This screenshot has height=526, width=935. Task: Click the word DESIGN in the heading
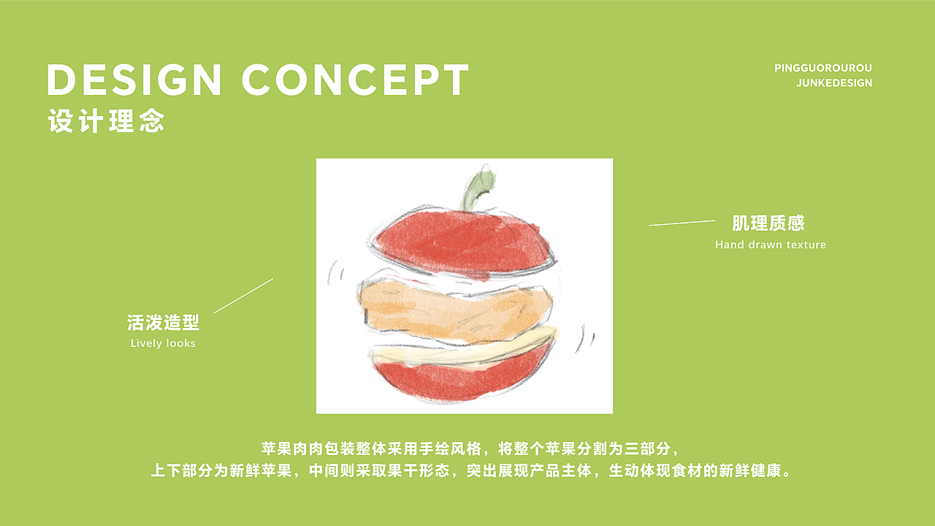(135, 80)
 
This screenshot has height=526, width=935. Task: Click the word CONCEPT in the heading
(355, 80)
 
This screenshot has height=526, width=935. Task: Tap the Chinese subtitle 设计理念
(106, 121)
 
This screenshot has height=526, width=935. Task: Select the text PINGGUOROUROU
(823, 69)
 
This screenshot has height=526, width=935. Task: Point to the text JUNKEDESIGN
(833, 83)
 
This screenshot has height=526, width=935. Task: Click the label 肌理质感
(768, 223)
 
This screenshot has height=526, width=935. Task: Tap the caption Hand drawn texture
(770, 245)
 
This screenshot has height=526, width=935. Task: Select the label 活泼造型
(163, 323)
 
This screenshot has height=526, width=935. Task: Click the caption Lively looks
(163, 343)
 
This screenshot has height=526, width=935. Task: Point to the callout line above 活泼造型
(243, 295)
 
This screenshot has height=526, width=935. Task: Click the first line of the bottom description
(470, 448)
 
